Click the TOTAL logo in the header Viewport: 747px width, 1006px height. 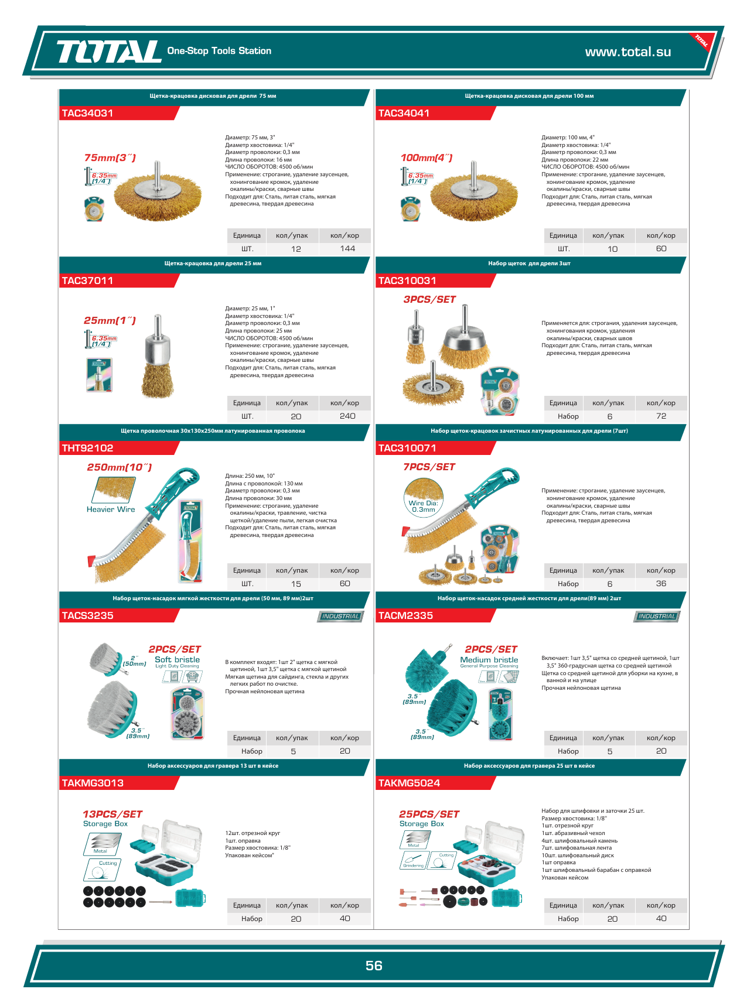pyautogui.click(x=108, y=52)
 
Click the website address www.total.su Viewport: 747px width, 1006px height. pyautogui.click(x=628, y=52)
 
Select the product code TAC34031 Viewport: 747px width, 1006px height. pyautogui.click(x=87, y=113)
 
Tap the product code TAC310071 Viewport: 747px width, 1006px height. pyautogui.click(x=407, y=448)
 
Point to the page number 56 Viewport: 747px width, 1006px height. pyautogui.click(x=374, y=966)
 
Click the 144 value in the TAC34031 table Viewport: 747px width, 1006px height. pyautogui.click(x=347, y=248)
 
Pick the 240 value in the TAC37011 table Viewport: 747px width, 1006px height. pyautogui.click(x=347, y=416)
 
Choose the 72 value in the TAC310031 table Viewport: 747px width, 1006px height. pyautogui.click(x=661, y=416)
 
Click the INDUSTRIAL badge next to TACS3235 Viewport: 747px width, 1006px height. pyautogui.click(x=340, y=616)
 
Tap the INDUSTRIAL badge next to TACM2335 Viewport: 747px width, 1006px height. pyautogui.click(x=657, y=616)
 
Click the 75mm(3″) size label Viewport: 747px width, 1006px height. pyautogui.click(x=110, y=158)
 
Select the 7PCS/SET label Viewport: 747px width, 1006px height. pyautogui.click(x=429, y=467)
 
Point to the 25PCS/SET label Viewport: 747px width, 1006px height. pyautogui.click(x=429, y=814)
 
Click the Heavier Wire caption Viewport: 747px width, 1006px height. pyautogui.click(x=111, y=509)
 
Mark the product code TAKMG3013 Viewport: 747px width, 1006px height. pyautogui.click(x=93, y=783)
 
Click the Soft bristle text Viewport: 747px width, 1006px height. pyautogui.click(x=177, y=659)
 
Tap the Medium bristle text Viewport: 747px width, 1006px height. pyautogui.click(x=489, y=659)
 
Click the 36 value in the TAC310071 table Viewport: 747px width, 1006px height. pyautogui.click(x=661, y=583)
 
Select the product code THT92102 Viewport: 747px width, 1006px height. pyautogui.click(x=87, y=448)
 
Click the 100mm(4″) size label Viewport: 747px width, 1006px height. pyautogui.click(x=427, y=158)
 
